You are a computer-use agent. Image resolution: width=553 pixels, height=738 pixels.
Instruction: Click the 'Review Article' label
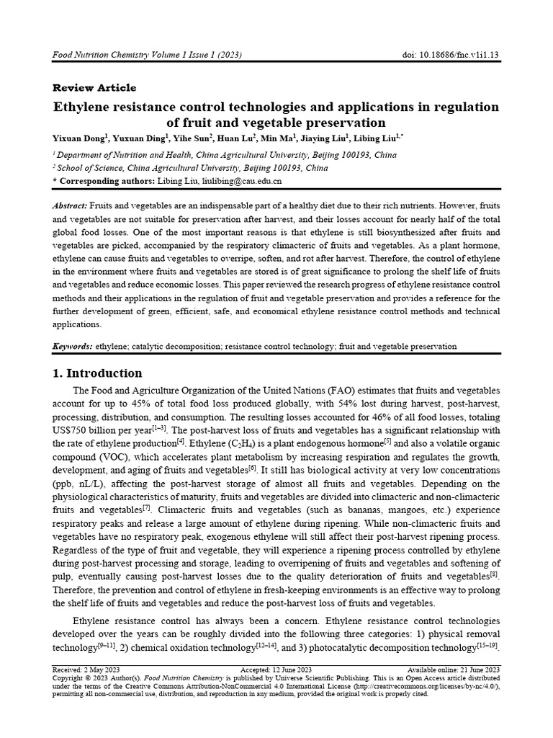click(x=94, y=88)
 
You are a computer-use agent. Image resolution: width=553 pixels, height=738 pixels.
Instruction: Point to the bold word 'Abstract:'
click(x=71, y=206)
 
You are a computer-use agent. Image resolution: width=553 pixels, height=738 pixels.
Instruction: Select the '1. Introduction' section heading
click(x=97, y=373)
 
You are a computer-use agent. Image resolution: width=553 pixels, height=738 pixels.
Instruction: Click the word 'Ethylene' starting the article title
click(x=84, y=107)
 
